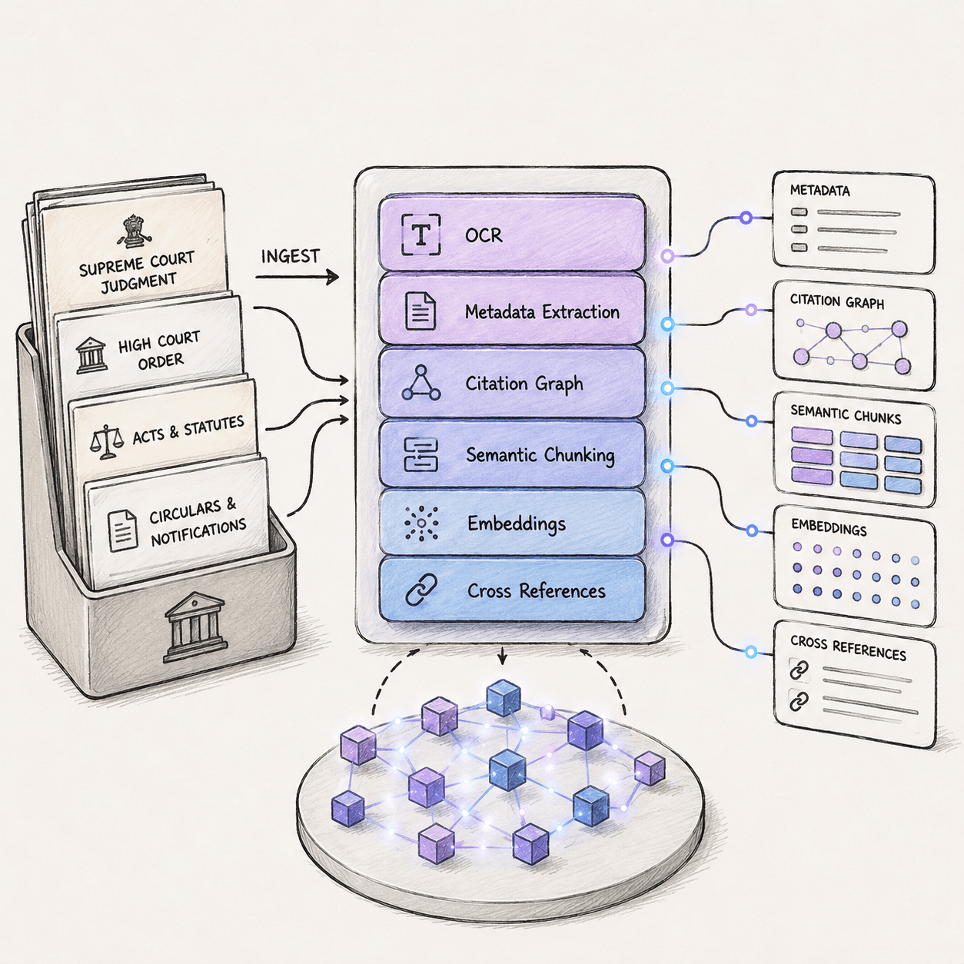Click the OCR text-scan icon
[x=421, y=234]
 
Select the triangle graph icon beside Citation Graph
[x=421, y=383]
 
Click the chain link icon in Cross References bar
[x=421, y=590]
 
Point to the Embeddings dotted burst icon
[x=421, y=524]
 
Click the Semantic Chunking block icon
[x=421, y=454]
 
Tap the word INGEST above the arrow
[x=290, y=256]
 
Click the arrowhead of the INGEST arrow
[x=332, y=277]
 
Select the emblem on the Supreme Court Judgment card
[x=131, y=231]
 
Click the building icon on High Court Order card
[x=91, y=355]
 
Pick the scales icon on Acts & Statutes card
[x=106, y=442]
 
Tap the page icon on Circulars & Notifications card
[x=122, y=530]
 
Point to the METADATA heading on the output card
[x=820, y=191]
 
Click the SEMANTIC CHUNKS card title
[x=846, y=415]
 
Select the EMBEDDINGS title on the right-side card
[x=829, y=528]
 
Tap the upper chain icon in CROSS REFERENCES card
[x=799, y=670]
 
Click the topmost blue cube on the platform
[x=504, y=698]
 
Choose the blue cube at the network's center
[x=507, y=770]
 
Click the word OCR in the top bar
[x=484, y=235]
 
